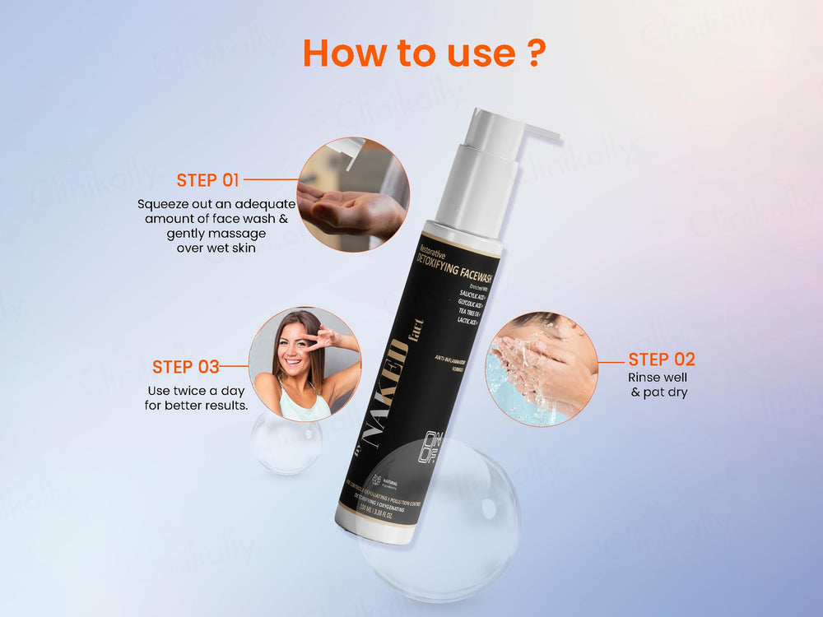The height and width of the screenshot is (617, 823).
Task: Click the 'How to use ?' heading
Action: coord(424,52)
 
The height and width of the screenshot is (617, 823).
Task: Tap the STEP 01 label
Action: coord(207,180)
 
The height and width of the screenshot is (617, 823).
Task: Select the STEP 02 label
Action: coord(662,360)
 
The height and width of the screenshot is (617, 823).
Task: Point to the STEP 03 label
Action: coord(185,367)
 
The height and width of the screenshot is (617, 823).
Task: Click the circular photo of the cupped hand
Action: coord(353,195)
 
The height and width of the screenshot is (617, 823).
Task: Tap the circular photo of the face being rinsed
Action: coord(541,368)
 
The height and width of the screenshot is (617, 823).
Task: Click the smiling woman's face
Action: coord(302,345)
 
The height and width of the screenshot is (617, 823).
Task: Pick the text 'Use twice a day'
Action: coord(196,390)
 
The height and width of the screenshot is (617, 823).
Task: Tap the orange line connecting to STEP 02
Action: coord(611,360)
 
